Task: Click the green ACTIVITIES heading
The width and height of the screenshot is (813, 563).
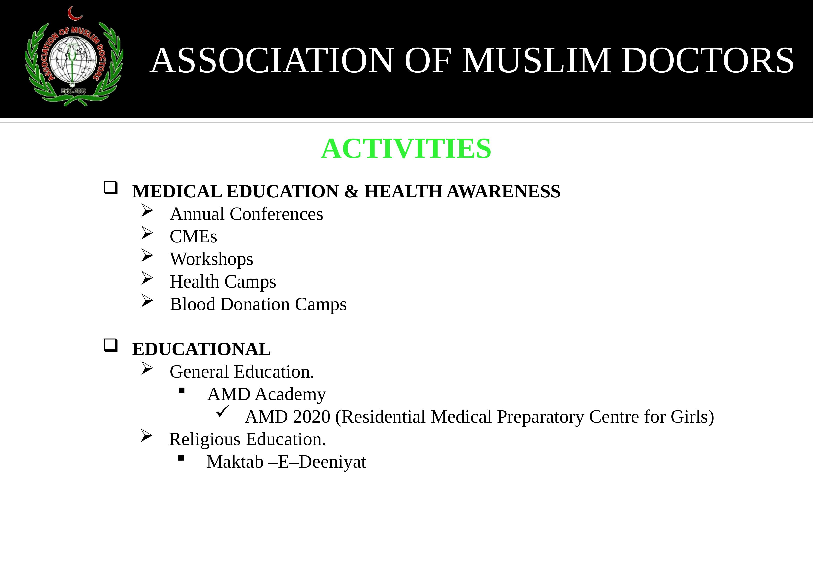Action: click(x=406, y=149)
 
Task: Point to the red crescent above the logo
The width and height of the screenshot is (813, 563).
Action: click(x=74, y=14)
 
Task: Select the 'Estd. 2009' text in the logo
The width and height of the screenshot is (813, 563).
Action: click(x=73, y=91)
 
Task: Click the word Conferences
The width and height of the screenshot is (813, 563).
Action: click(x=276, y=214)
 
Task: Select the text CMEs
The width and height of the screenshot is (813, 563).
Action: click(x=193, y=237)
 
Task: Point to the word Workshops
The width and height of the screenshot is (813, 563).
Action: click(x=211, y=259)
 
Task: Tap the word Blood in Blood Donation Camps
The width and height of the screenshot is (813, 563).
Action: click(x=192, y=304)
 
